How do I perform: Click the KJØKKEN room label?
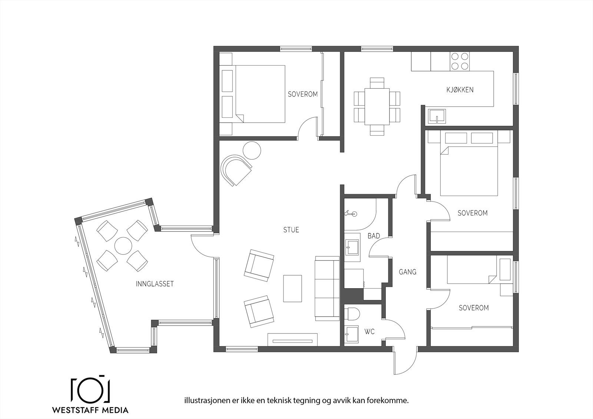(460, 90)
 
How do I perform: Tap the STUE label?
(291, 230)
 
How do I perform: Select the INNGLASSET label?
(155, 284)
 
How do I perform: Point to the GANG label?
(407, 272)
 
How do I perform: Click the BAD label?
(374, 236)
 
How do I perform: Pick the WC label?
(370, 332)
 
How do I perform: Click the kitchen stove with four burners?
(460, 61)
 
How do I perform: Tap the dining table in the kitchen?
(377, 106)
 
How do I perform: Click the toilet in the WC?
(352, 314)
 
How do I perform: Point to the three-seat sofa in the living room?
(327, 289)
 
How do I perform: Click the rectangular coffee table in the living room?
(292, 289)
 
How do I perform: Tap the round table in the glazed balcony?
(123, 246)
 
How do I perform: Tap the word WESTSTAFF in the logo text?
(75, 410)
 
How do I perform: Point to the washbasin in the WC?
(352, 334)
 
